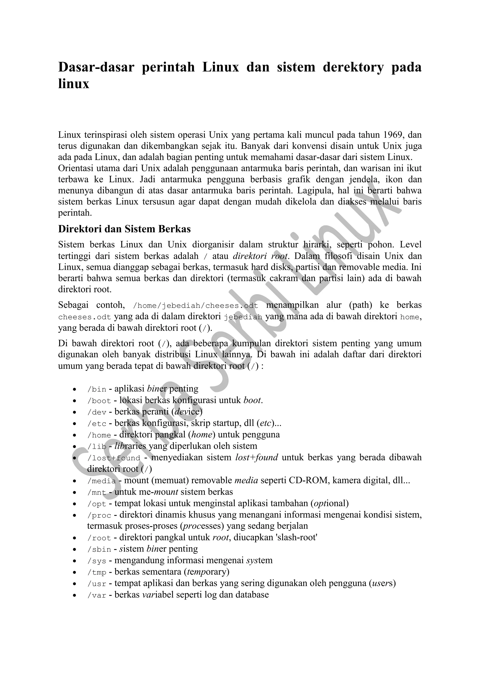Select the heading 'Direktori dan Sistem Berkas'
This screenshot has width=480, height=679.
click(x=124, y=229)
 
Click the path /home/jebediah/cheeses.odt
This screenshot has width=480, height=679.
click(x=196, y=306)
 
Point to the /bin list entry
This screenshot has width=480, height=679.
click(x=97, y=389)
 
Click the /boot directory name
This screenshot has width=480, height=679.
click(x=99, y=401)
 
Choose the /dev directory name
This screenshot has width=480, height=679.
click(x=97, y=412)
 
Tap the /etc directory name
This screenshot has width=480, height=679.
click(x=97, y=423)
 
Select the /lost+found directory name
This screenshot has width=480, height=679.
click(x=114, y=458)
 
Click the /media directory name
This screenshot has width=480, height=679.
click(x=101, y=481)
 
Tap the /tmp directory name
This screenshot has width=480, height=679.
click(x=97, y=573)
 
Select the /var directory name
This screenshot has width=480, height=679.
click(x=97, y=595)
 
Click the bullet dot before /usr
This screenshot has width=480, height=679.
click(x=75, y=584)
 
